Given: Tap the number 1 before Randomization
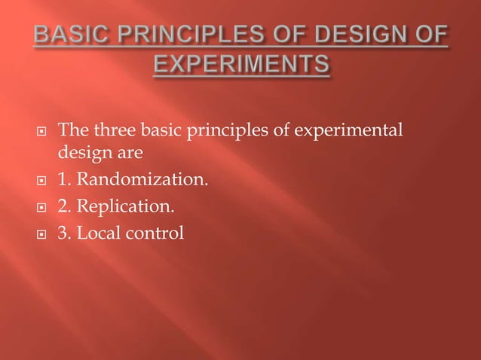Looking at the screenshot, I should (x=63, y=181).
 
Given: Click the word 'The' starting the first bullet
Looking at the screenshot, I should (x=71, y=133).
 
